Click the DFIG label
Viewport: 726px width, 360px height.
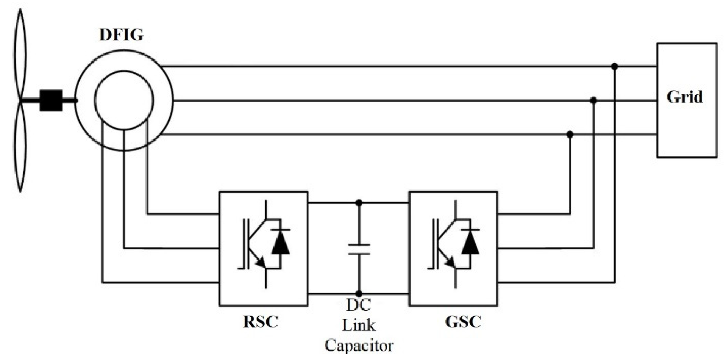click(122, 34)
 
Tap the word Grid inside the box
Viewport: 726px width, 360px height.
click(684, 97)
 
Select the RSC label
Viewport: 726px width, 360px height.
click(261, 322)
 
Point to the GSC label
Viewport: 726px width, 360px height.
click(463, 322)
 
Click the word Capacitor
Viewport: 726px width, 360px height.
click(359, 346)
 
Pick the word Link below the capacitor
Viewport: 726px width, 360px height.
click(359, 325)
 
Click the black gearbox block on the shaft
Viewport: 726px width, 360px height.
click(51, 100)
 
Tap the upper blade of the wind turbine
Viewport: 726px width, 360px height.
click(20, 53)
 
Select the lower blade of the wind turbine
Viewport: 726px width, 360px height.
click(20, 148)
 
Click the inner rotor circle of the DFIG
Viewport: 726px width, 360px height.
click(124, 100)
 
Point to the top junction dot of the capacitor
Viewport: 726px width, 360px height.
click(359, 203)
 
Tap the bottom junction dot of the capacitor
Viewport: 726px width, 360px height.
click(359, 294)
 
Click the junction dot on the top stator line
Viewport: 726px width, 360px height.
click(615, 66)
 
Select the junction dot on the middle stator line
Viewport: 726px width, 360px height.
click(593, 100)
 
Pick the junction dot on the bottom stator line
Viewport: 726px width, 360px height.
click(570, 135)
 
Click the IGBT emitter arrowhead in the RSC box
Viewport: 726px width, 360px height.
click(261, 261)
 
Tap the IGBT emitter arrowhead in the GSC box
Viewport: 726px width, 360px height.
click(450, 261)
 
